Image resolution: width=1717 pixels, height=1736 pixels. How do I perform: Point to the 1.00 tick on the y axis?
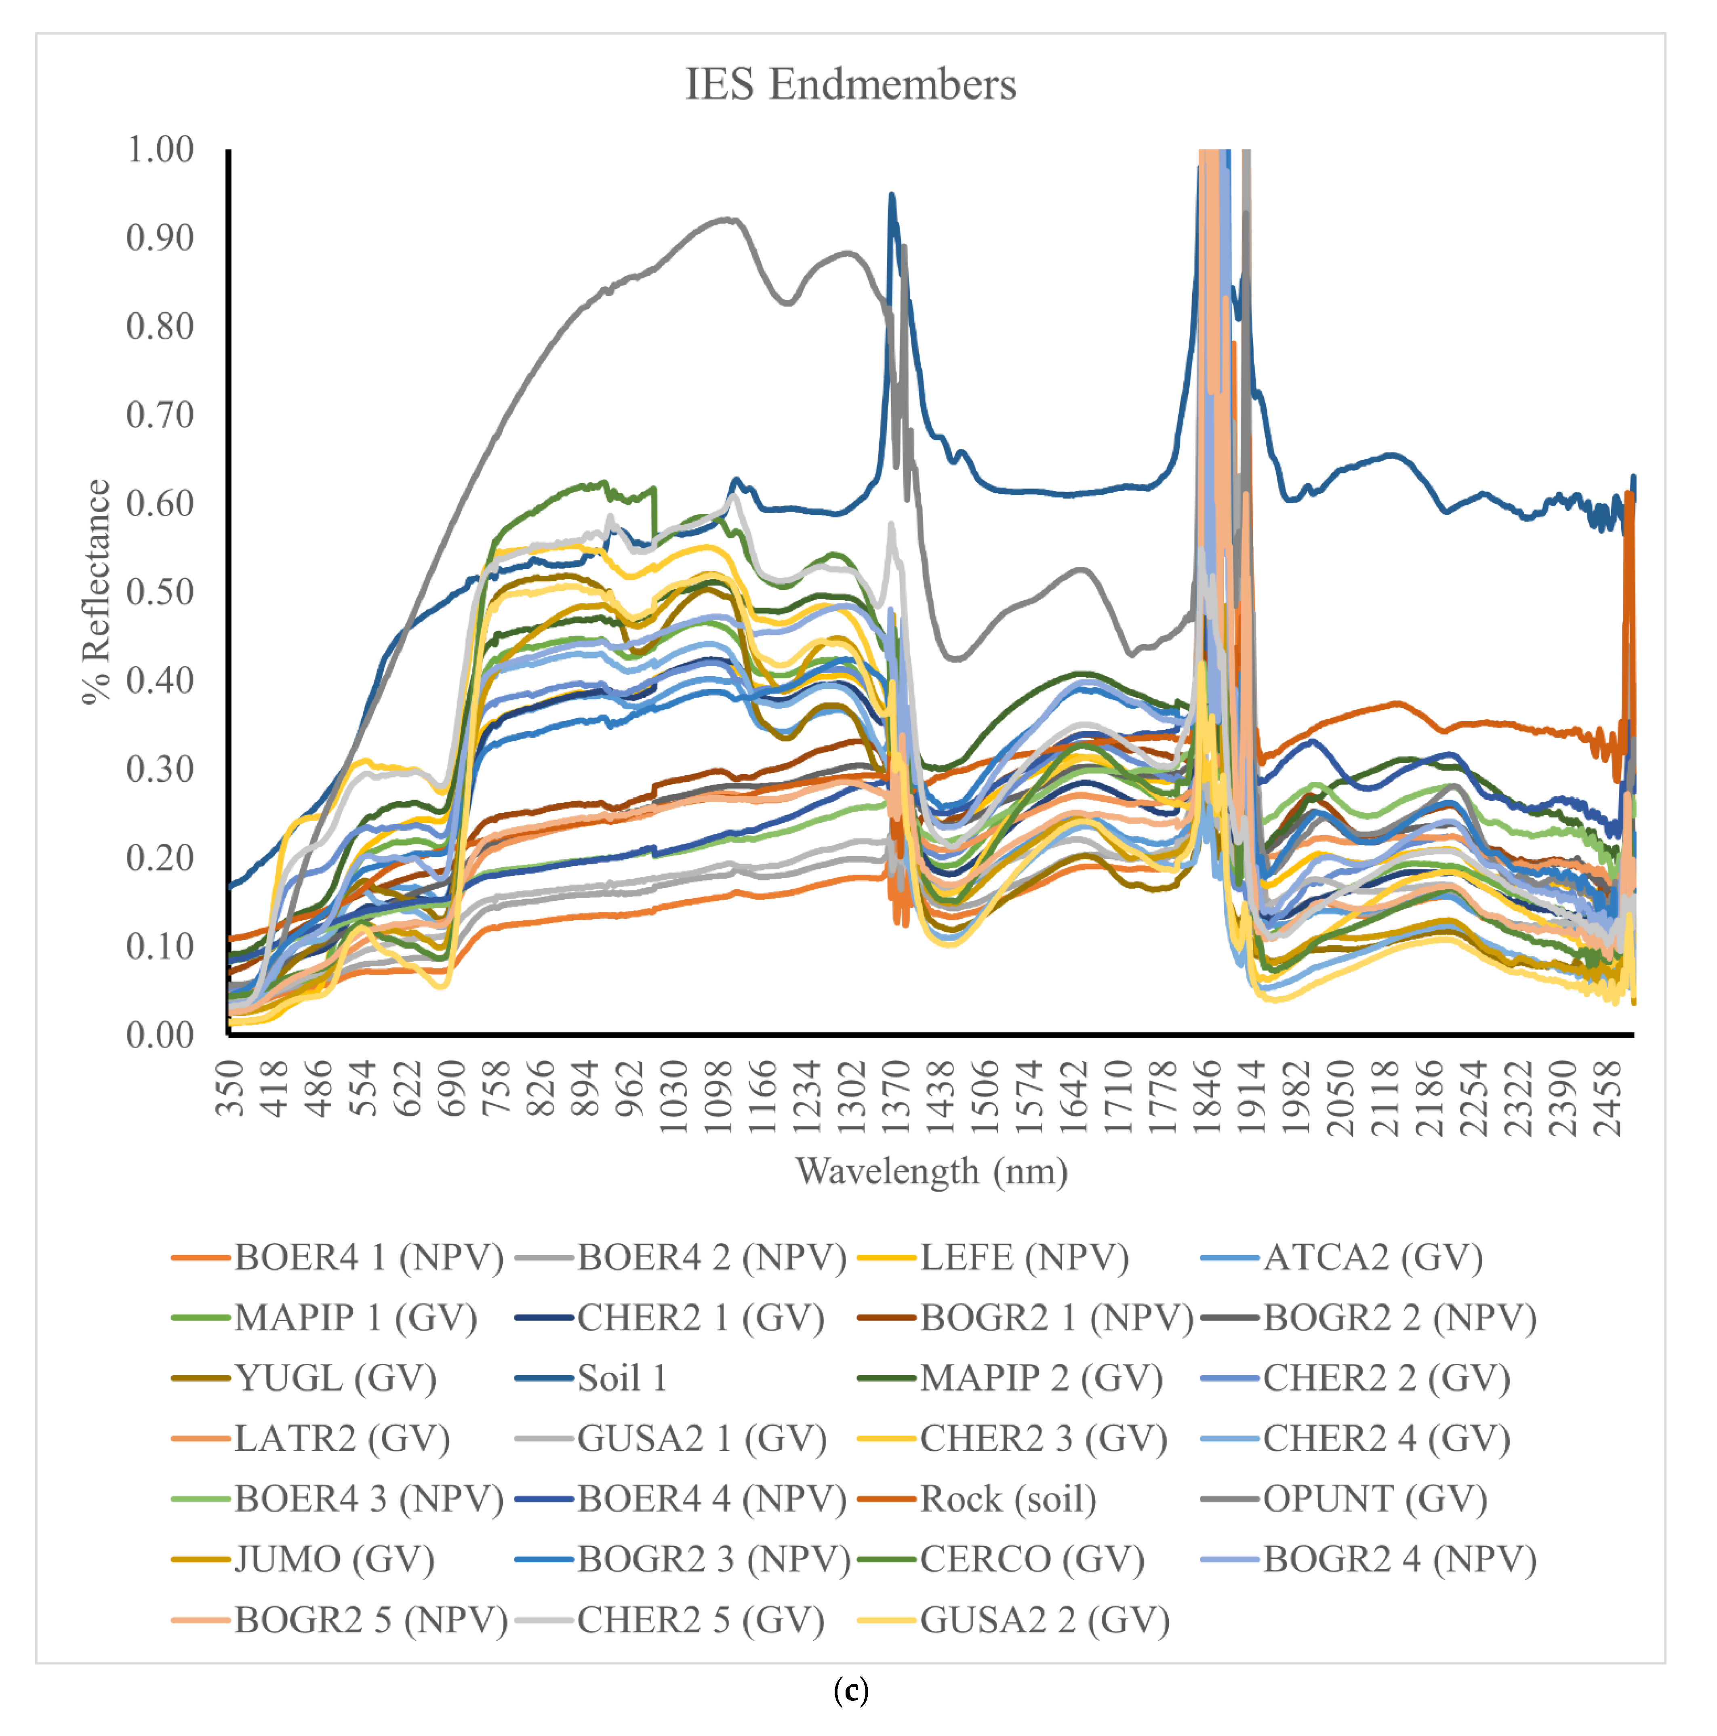[x=160, y=149]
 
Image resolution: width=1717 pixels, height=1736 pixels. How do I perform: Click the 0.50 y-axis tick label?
[x=160, y=592]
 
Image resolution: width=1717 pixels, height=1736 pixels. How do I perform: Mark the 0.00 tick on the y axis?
[x=160, y=1035]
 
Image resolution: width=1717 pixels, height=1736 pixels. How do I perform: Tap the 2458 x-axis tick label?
[x=1608, y=1098]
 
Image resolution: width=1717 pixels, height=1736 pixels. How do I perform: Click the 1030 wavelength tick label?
[x=674, y=1098]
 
